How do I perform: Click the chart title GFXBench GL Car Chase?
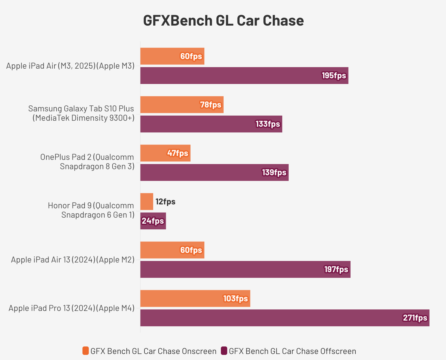coord(223,21)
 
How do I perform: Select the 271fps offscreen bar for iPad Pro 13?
coord(284,318)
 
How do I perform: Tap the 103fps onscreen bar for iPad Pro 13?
coord(195,299)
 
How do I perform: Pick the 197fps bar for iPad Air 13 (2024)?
coord(245,269)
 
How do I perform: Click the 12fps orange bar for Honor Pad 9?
coord(147,202)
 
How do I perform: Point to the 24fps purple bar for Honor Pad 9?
coord(153,221)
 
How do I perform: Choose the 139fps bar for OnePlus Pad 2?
coord(214,172)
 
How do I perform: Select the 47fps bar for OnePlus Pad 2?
coord(165,153)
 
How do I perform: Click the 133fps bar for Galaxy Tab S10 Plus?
coord(211,124)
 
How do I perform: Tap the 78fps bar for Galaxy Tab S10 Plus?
coord(182,105)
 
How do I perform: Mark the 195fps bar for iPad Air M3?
coord(244,76)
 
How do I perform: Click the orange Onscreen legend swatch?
coord(86,351)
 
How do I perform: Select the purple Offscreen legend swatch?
coord(224,351)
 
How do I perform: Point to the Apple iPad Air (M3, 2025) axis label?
coord(70,66)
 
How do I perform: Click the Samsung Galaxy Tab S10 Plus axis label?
coord(81,113)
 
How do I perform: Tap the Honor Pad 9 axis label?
coord(91,210)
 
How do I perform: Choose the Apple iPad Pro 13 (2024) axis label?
coord(72,308)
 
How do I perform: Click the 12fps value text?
coord(166,202)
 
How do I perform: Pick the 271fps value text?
coord(415,318)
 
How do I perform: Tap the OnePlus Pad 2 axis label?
coord(87,162)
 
